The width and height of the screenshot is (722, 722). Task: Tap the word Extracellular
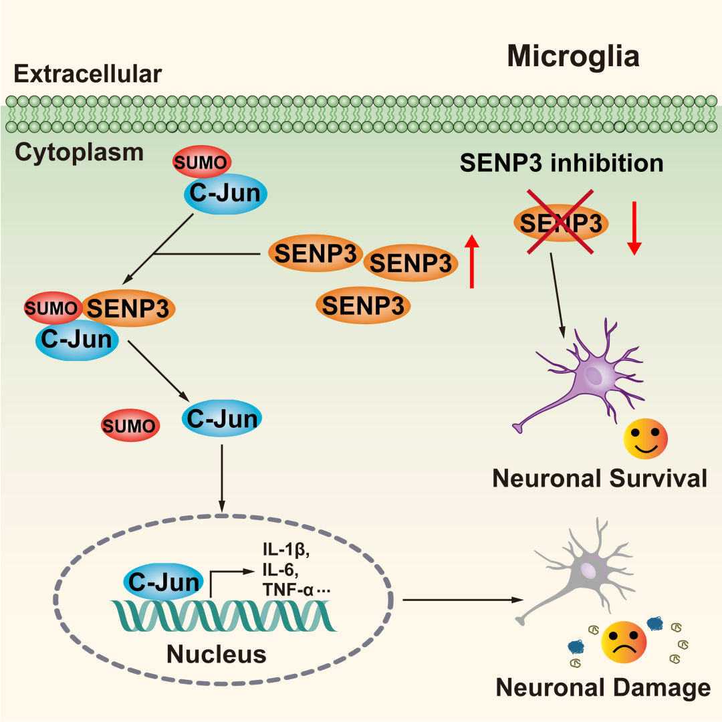click(x=88, y=74)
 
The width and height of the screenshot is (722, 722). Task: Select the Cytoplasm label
click(x=79, y=152)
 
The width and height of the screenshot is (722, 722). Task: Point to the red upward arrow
click(x=472, y=261)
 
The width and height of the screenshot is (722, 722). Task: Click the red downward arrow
click(x=634, y=227)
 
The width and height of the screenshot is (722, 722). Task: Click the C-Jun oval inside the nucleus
click(x=163, y=582)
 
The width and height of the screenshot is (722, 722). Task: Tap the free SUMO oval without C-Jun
click(x=130, y=425)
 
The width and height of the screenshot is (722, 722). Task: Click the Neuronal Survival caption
click(x=599, y=478)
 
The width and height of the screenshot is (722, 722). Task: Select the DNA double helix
click(x=224, y=615)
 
